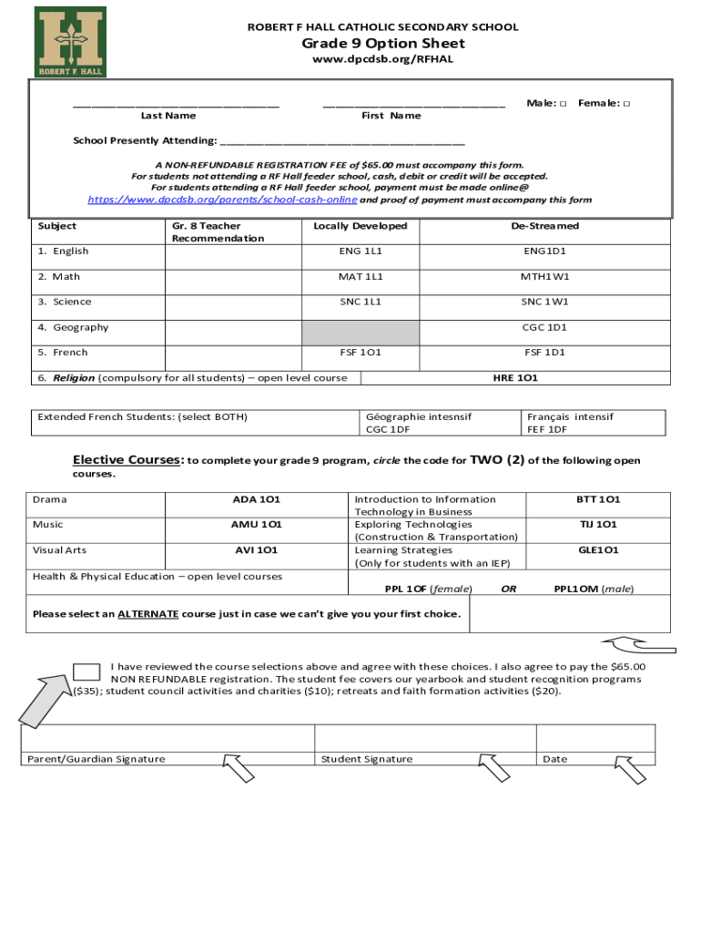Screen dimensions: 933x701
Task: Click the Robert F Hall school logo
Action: click(70, 41)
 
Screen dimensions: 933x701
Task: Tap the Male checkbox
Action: click(564, 104)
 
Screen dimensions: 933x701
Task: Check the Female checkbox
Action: click(626, 104)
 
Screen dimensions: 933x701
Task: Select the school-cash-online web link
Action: click(222, 200)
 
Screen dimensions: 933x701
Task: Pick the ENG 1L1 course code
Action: click(361, 251)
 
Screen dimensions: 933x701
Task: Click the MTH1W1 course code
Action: click(544, 277)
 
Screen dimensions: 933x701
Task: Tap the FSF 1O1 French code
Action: click(361, 353)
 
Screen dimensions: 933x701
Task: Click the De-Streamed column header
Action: click(544, 226)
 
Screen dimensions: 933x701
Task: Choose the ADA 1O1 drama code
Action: click(256, 499)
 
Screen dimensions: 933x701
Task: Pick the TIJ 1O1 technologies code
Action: click(598, 525)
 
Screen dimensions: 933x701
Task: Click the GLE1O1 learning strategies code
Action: click(598, 550)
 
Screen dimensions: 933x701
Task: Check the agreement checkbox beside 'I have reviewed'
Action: click(86, 672)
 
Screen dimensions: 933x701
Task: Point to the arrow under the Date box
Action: click(630, 771)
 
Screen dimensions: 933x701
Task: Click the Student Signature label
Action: click(367, 759)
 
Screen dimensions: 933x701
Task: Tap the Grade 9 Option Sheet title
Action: click(383, 44)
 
